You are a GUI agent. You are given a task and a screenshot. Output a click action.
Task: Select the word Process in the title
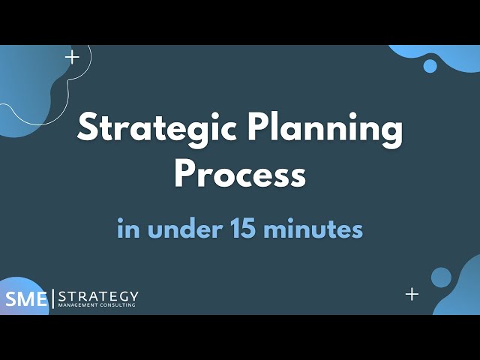[240, 175]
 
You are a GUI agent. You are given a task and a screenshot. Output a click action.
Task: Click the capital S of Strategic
[88, 130]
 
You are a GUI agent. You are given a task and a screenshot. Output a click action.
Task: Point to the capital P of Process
[185, 175]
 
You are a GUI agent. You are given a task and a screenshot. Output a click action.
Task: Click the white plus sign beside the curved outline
[72, 57]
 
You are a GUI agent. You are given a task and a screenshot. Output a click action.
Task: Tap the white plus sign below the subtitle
[412, 294]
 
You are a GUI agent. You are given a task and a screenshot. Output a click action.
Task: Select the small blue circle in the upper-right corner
[430, 66]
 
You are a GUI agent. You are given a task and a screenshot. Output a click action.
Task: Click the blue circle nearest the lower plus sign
[441, 277]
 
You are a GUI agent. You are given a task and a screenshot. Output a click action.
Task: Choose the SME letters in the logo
[25, 298]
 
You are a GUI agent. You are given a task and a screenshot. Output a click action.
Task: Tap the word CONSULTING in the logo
[116, 305]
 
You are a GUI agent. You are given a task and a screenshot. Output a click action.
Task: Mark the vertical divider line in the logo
[52, 298]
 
